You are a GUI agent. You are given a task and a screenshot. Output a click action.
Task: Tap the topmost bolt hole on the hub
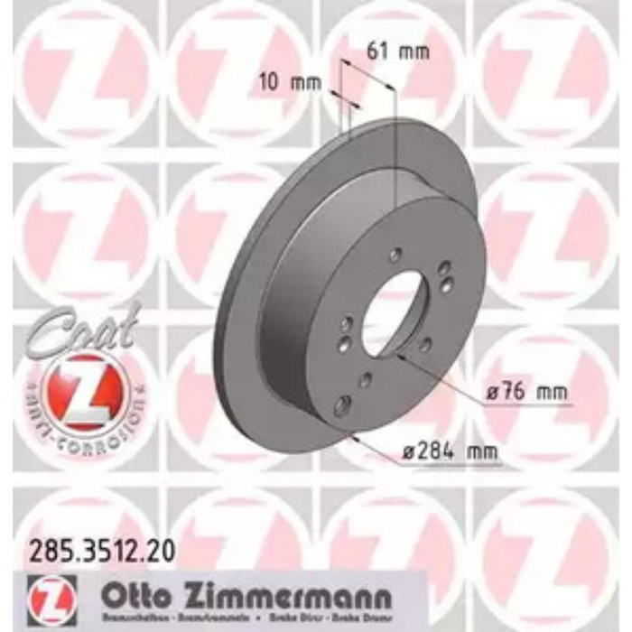click(395, 256)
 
